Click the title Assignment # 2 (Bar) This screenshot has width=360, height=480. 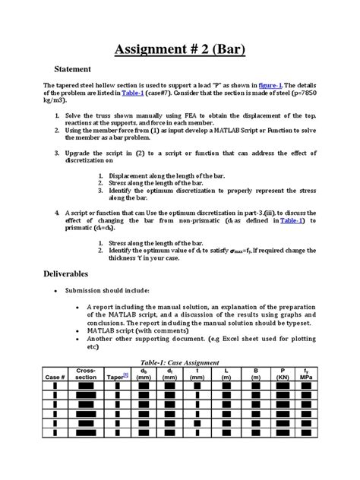(x=180, y=51)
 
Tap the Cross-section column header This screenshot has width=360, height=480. (x=86, y=374)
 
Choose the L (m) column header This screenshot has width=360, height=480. (x=226, y=374)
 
